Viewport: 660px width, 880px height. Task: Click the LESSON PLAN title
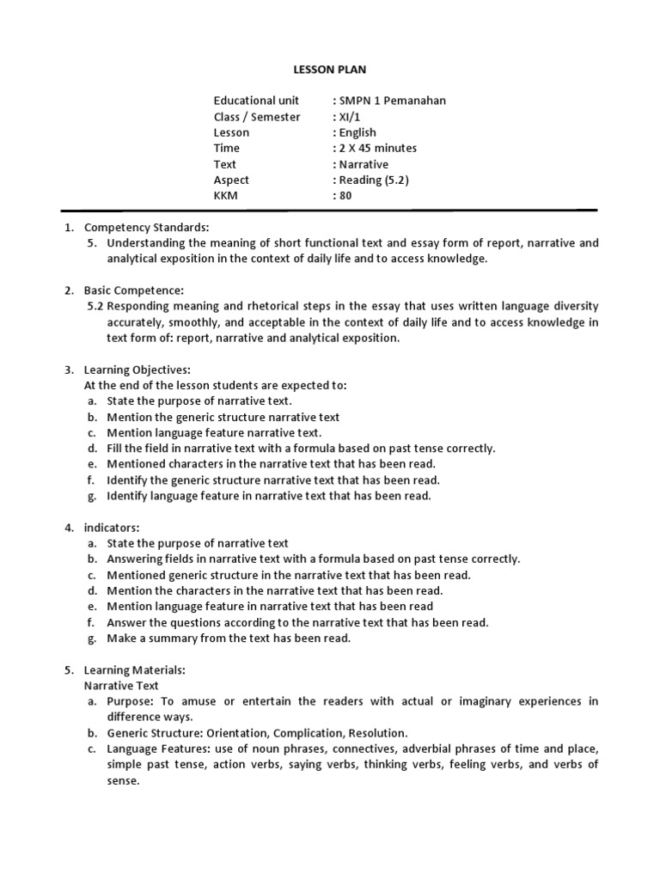[329, 69]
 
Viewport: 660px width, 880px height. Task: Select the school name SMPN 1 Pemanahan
[392, 101]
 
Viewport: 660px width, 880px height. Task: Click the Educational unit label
[256, 101]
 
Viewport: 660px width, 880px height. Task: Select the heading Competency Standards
[146, 228]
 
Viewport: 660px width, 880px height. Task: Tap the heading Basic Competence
[133, 290]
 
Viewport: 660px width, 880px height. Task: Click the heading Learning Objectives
[137, 370]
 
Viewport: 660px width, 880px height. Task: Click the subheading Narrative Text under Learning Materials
[121, 686]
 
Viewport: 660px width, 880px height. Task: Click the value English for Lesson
[357, 132]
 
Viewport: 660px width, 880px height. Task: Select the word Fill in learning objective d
[116, 449]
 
